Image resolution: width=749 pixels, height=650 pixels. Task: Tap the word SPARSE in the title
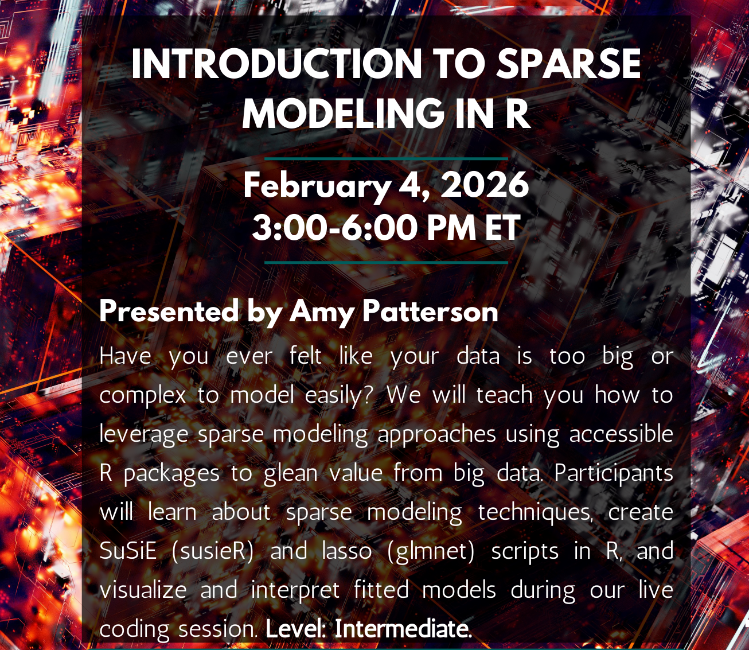(x=568, y=64)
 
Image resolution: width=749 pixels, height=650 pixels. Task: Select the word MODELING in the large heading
(x=342, y=113)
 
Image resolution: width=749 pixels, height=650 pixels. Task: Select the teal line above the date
(x=386, y=158)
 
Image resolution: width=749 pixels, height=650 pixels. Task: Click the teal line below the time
(x=386, y=262)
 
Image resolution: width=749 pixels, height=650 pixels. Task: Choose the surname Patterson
(x=430, y=312)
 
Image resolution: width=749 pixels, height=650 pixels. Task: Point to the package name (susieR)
(x=212, y=551)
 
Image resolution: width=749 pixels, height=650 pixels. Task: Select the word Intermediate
(x=402, y=629)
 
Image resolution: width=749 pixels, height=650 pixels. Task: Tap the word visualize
(x=143, y=590)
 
